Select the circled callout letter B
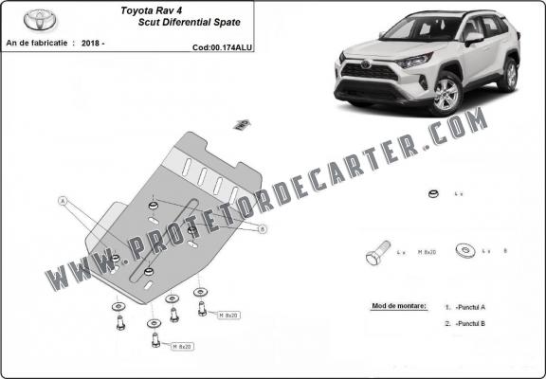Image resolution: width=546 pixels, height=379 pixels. coord(263,228)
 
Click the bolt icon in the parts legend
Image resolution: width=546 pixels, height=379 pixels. coord(374,255)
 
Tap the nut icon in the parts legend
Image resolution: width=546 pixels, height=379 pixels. coord(431,195)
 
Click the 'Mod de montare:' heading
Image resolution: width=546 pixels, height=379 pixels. coord(395,307)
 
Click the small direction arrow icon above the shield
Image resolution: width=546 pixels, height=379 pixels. coord(241,123)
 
